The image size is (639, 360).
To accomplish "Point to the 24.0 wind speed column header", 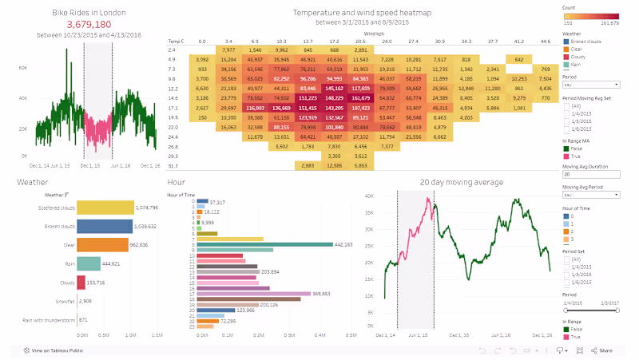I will [387, 40].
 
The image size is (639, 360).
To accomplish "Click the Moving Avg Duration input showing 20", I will [591, 174].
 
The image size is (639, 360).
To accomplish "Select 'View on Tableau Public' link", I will [56, 350].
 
